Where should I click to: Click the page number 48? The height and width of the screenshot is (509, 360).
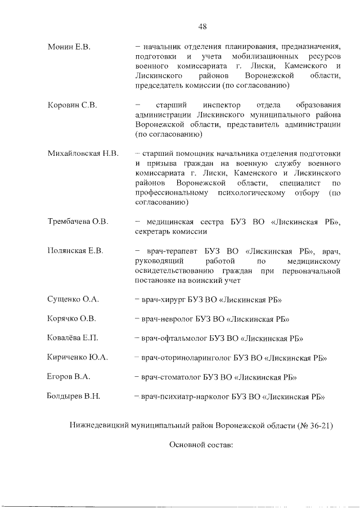(x=203, y=26)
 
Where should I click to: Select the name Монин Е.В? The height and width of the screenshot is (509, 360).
(x=69, y=45)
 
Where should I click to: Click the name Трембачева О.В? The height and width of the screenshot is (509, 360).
(x=77, y=220)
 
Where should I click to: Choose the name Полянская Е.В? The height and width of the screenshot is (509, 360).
(x=75, y=251)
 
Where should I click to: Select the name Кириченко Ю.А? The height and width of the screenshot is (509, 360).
(x=77, y=357)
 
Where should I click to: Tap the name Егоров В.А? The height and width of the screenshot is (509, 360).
(x=69, y=376)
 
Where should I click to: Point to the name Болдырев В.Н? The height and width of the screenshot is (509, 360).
(x=74, y=395)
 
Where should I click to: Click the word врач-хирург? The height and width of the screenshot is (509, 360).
(x=163, y=300)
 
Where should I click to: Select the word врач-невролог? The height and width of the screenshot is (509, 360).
(x=166, y=319)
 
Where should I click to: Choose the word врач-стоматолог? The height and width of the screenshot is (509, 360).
(x=170, y=376)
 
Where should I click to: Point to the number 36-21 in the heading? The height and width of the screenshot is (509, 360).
(x=318, y=426)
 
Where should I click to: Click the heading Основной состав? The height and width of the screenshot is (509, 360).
(x=201, y=445)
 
